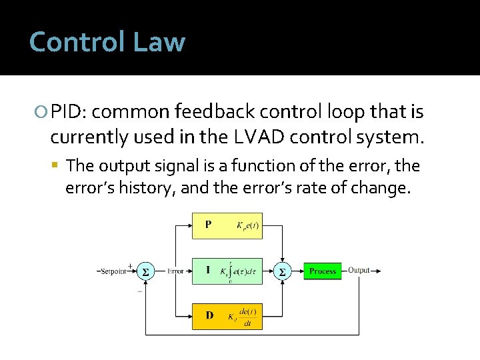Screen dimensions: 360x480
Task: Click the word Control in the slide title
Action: pos(77,42)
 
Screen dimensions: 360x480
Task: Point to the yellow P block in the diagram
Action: pos(227,225)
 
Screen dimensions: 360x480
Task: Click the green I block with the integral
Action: pos(227,271)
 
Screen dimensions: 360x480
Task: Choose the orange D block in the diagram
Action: pos(227,316)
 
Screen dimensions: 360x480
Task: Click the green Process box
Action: pos(323,271)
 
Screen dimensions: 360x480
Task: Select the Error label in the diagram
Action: pos(175,271)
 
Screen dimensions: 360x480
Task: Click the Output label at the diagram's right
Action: pos(359,271)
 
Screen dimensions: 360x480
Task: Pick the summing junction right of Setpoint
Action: pos(145,272)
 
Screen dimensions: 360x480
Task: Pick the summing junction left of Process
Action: pos(281,272)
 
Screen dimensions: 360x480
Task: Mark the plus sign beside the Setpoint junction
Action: pos(129,265)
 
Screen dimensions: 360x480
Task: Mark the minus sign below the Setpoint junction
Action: pos(139,291)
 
